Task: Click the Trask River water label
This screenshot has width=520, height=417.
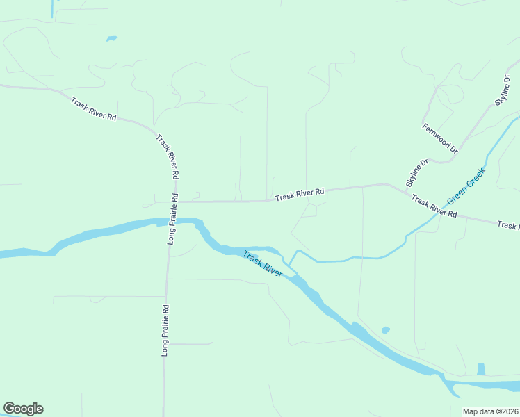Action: (x=263, y=265)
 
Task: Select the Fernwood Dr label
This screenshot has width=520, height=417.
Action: (x=441, y=138)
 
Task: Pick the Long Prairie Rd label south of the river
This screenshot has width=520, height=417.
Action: (x=165, y=330)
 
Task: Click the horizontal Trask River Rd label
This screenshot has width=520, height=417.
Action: (x=300, y=194)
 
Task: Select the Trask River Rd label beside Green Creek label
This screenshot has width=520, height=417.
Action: (x=433, y=206)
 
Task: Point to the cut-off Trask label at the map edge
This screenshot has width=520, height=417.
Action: (x=508, y=225)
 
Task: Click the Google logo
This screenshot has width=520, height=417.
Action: (x=23, y=409)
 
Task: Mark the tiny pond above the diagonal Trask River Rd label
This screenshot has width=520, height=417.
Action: (x=111, y=38)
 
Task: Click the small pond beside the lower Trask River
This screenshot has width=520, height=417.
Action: (x=385, y=329)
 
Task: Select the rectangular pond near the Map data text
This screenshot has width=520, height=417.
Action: (x=481, y=369)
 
